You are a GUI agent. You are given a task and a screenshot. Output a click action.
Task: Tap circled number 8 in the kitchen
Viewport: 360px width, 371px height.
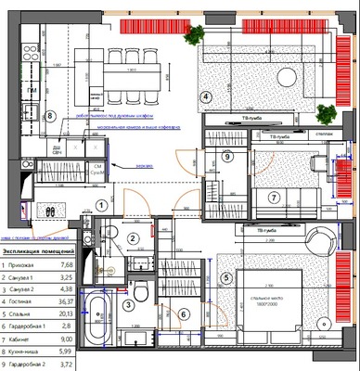click(51, 116)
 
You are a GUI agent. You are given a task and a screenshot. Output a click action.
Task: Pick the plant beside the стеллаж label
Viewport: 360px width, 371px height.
click(324, 114)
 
